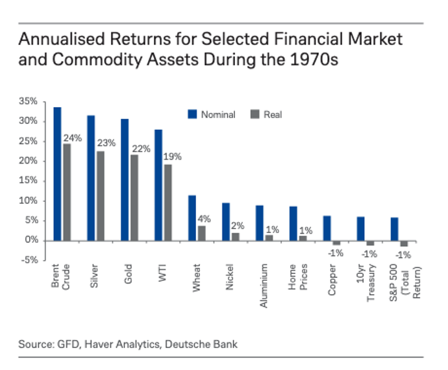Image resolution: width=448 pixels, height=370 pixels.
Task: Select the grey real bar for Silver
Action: [100, 195]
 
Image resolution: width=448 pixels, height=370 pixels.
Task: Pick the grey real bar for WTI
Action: [168, 202]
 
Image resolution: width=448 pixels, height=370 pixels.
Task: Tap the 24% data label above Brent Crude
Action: [72, 138]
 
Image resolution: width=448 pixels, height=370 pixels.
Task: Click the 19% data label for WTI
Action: [173, 156]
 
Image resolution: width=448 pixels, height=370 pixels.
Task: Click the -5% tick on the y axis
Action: [31, 260]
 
